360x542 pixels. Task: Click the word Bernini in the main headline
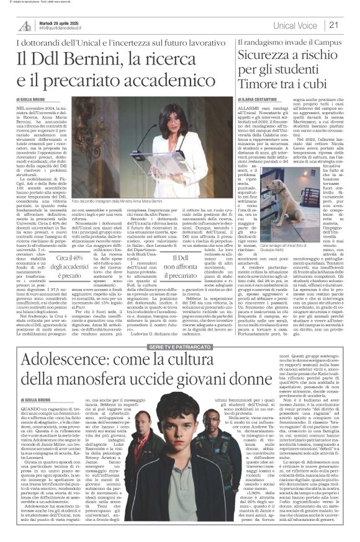click(96, 60)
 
